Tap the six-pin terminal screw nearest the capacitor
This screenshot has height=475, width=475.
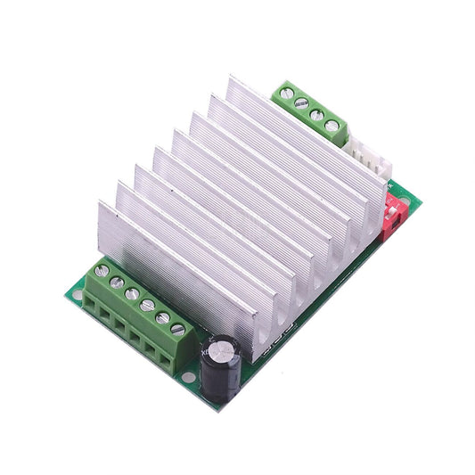[178, 329]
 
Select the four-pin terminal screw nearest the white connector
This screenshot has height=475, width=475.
[332, 127]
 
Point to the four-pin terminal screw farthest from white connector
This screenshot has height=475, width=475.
[286, 92]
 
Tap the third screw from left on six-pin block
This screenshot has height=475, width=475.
[132, 293]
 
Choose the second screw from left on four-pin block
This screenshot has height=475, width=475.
[301, 103]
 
